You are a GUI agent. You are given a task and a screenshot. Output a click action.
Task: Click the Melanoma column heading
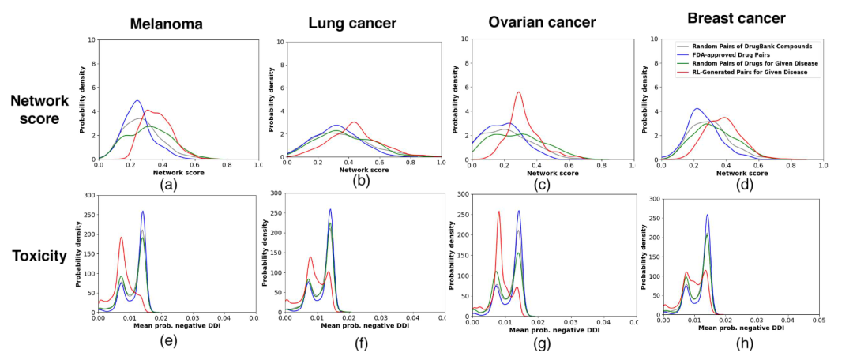166,24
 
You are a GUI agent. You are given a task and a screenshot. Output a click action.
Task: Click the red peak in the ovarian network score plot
518,92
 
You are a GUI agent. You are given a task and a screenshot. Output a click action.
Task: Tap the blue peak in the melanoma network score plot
137,100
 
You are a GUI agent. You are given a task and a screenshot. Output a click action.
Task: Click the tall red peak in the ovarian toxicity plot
498,211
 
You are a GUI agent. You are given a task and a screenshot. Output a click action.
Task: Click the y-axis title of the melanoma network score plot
81,99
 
